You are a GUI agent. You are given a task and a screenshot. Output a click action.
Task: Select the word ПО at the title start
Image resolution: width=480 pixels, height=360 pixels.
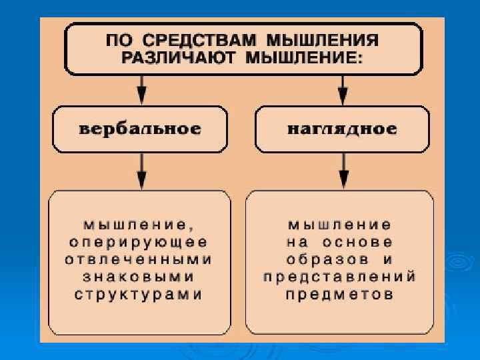click(118, 39)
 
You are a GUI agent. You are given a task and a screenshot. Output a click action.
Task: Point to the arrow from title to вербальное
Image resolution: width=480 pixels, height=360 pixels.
click(141, 91)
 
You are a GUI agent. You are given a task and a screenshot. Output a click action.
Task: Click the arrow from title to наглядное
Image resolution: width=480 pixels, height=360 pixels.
click(343, 91)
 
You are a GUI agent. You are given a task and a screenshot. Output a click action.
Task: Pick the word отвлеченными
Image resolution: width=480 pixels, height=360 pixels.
click(140, 259)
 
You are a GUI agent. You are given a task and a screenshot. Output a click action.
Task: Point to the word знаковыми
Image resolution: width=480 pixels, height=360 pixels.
click(140, 276)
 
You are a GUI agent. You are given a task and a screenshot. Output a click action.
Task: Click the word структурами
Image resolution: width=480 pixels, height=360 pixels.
click(140, 294)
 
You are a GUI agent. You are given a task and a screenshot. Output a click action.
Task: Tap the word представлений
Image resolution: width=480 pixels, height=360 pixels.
click(341, 276)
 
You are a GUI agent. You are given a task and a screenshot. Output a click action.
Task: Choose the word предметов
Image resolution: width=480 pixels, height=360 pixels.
click(341, 294)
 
